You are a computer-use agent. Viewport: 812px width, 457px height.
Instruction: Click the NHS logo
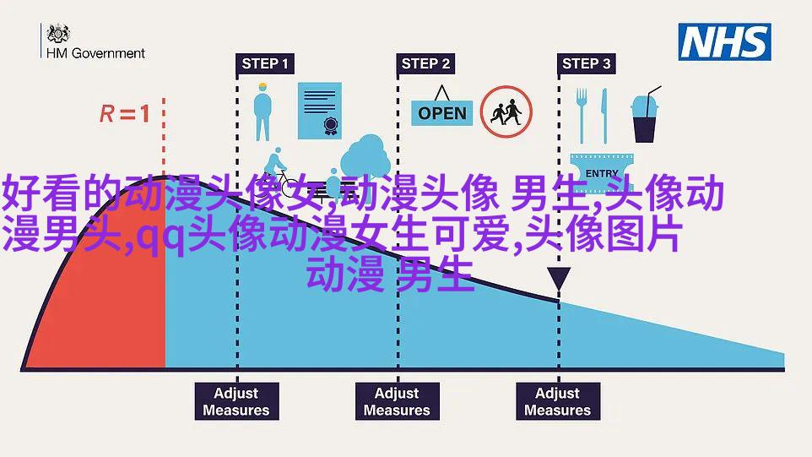coord(724,42)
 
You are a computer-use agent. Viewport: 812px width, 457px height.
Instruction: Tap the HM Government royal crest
coord(58,34)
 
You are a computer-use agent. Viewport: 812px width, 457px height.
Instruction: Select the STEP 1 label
coord(265,63)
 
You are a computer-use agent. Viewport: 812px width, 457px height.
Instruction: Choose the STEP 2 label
coord(425,63)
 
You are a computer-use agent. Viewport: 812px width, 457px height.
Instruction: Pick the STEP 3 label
coord(587,63)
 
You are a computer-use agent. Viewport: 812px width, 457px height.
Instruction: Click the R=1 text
coord(125,113)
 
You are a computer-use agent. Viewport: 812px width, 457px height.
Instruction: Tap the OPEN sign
coord(441,108)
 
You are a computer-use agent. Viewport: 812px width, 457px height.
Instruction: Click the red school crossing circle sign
coord(506,112)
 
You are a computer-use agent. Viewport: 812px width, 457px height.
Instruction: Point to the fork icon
coord(582,116)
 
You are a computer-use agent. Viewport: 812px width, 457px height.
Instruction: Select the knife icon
coord(604,116)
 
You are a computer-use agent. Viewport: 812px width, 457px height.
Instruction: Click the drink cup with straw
coord(645,115)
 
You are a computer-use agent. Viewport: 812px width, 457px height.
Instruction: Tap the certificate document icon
coord(320,111)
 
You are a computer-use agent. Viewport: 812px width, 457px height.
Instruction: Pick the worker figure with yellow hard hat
coord(263,112)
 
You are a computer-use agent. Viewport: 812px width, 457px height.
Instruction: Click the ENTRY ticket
coord(602,171)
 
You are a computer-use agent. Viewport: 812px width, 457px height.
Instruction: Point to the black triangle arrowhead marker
coord(559,278)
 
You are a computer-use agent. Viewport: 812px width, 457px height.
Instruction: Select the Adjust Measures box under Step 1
coord(236,401)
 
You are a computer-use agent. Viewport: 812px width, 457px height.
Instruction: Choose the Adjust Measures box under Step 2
coord(398,401)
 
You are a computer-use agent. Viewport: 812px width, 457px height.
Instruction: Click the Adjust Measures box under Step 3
coord(558,401)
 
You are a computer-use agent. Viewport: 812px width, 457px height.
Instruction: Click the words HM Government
coord(96,53)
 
